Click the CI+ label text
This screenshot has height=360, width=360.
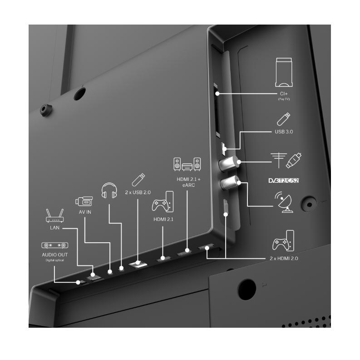(284, 94)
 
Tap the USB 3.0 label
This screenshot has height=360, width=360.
(284, 132)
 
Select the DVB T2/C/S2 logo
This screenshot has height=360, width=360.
(284, 181)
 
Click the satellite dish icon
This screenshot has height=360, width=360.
(284, 202)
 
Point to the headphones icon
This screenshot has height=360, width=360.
(109, 190)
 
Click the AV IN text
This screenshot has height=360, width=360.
(85, 212)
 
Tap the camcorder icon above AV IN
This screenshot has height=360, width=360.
(84, 201)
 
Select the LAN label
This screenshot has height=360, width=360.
(54, 228)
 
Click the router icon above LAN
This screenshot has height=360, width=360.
(54, 215)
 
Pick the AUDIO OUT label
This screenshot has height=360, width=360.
(54, 255)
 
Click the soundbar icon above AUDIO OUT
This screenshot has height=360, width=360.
(54, 245)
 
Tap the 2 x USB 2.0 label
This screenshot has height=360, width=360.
(138, 192)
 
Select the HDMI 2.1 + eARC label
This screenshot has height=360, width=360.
(188, 182)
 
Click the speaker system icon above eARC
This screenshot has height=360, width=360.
(187, 164)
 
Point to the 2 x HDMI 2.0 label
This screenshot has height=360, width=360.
(284, 258)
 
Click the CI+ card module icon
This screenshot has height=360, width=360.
(284, 72)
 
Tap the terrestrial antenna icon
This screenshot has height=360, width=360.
(279, 160)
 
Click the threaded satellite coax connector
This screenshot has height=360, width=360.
(229, 183)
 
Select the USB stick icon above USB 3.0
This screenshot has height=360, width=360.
(284, 119)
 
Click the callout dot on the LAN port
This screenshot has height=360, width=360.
(93, 275)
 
